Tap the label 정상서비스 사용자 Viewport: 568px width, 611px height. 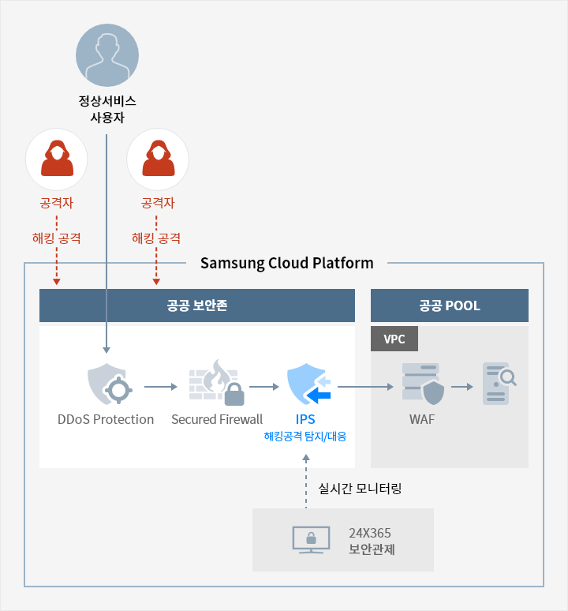pyautogui.click(x=106, y=109)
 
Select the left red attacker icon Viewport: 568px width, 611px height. pyautogui.click(x=57, y=159)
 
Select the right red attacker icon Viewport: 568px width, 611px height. pyautogui.click(x=157, y=159)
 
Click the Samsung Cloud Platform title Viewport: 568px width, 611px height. pyautogui.click(x=286, y=263)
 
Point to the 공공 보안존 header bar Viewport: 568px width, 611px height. pyautogui.click(x=197, y=305)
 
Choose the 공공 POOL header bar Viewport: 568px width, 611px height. pyautogui.click(x=449, y=305)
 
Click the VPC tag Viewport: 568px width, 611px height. pyautogui.click(x=394, y=339)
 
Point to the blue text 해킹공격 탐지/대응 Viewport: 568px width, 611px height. pyautogui.click(x=305, y=436)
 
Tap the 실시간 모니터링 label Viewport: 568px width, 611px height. pyautogui.click(x=360, y=489)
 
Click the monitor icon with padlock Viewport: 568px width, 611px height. pyautogui.click(x=308, y=540)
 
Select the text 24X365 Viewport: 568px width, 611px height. pyautogui.click(x=370, y=533)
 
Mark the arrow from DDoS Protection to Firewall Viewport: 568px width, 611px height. pyautogui.click(x=162, y=387)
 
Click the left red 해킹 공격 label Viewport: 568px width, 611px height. pyautogui.click(x=56, y=238)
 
